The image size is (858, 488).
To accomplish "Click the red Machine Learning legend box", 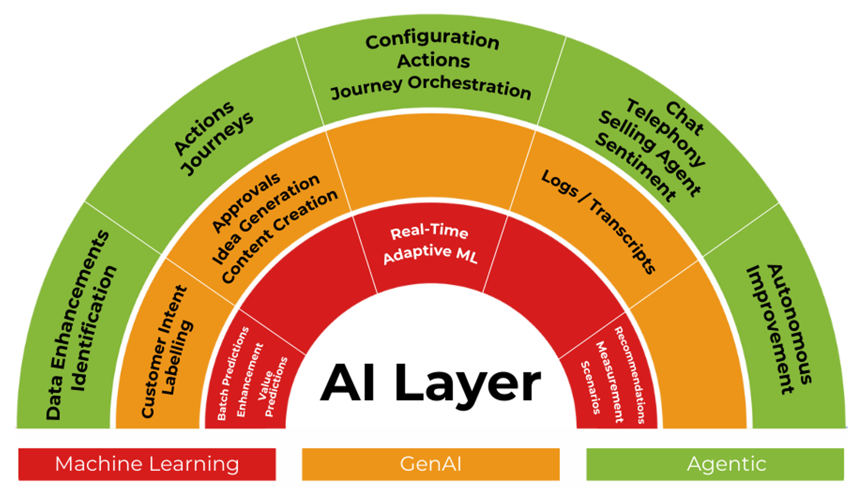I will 147,464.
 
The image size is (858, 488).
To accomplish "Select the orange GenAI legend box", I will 430,464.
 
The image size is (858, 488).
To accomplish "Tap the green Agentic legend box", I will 715,464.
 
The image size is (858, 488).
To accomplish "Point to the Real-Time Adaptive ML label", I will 430,244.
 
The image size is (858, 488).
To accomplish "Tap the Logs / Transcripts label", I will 599,221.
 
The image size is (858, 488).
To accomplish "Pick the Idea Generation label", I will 266,219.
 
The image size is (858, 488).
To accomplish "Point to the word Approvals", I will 246,203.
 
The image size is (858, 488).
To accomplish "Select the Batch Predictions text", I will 233,374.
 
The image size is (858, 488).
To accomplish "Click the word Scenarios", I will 591,387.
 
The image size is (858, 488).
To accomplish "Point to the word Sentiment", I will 636,167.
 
